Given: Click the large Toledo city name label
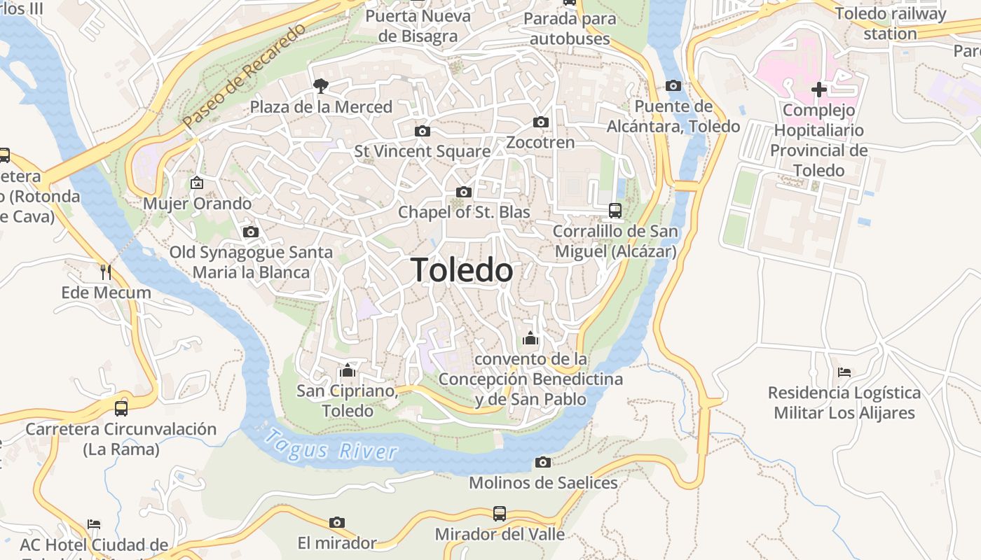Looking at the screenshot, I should [462, 270].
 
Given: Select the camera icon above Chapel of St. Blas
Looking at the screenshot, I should [463, 192].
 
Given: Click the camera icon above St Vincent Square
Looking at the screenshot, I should [422, 131].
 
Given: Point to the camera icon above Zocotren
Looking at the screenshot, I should [540, 122].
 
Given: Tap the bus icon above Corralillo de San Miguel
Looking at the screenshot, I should [615, 210].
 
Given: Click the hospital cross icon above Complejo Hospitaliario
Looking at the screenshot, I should [818, 90].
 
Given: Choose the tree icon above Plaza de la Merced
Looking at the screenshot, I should [321, 86].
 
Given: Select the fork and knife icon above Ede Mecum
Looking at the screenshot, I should [106, 272].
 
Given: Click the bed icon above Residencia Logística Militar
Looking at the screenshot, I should [844, 372].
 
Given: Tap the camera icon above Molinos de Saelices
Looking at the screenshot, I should [542, 462].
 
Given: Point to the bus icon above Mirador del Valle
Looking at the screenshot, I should [499, 514].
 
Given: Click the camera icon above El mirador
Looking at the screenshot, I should [337, 522].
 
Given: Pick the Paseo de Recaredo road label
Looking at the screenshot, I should [245, 76].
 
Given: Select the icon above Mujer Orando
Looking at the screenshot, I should [197, 183].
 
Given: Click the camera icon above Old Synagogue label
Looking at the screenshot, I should [250, 232].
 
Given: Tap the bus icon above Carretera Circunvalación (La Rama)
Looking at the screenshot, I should [121, 408].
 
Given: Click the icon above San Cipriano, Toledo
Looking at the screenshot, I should [347, 370].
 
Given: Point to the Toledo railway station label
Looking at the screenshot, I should [890, 23].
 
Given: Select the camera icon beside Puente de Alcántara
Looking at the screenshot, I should [673, 86].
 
